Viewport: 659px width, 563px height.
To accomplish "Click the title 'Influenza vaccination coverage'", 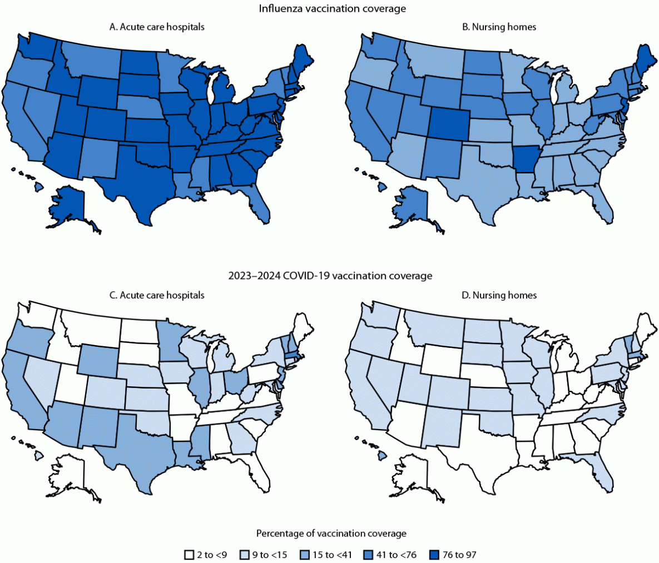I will pyautogui.click(x=332, y=8).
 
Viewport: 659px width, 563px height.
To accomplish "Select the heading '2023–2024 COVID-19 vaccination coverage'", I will pyautogui.click(x=330, y=276).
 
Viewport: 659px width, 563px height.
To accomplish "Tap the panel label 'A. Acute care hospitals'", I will pyautogui.click(x=157, y=27).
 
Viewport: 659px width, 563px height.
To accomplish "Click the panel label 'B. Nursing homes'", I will pyautogui.click(x=499, y=27).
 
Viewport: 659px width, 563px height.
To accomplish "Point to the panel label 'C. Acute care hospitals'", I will pyautogui.click(x=157, y=295).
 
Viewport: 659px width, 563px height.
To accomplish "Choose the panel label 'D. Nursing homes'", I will pyautogui.click(x=499, y=295).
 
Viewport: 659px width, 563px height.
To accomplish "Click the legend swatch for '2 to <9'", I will pyautogui.click(x=189, y=555).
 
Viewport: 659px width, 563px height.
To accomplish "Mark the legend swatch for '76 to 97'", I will pyautogui.click(x=434, y=555).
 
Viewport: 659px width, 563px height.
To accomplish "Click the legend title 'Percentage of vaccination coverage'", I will pyautogui.click(x=331, y=534).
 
